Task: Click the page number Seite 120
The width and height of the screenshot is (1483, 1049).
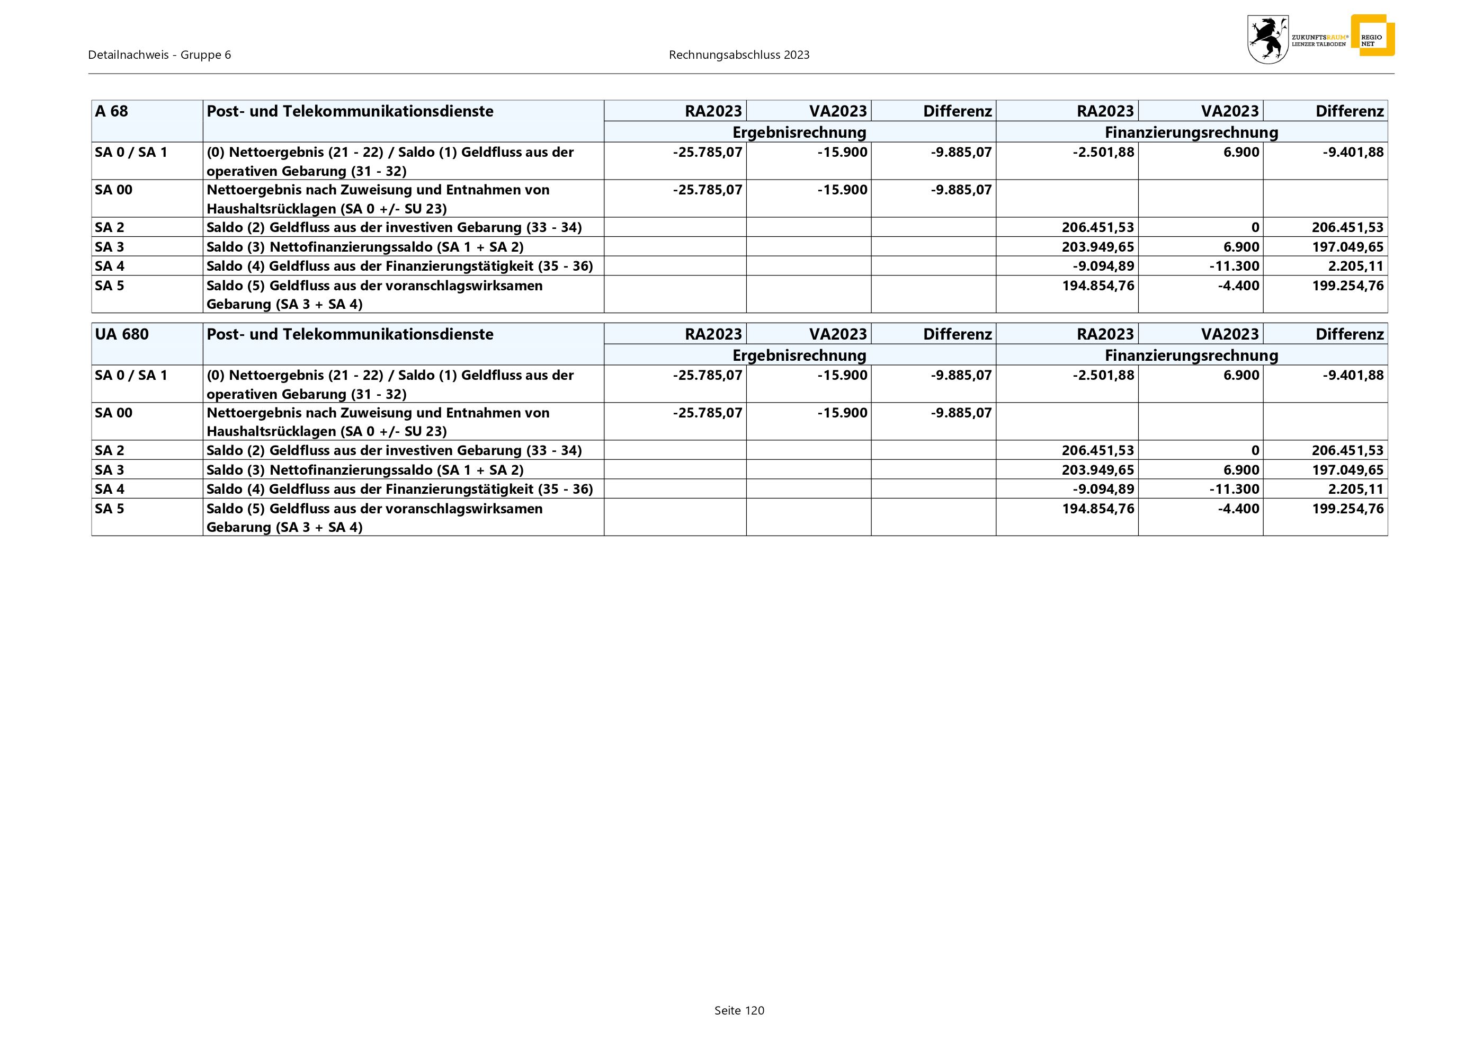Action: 739,1010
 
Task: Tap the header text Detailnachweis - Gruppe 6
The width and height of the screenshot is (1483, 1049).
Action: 159,55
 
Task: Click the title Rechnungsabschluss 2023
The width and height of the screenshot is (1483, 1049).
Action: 739,55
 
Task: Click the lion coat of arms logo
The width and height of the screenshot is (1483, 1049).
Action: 1267,39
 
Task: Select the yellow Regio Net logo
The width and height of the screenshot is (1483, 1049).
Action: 1372,36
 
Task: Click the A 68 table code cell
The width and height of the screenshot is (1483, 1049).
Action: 112,111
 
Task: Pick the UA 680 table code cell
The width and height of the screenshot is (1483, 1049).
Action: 122,334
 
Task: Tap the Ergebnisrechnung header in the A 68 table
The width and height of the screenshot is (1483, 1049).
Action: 799,132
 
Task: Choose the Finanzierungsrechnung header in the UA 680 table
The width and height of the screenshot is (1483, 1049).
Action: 1191,355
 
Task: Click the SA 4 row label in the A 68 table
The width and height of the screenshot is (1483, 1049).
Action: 110,266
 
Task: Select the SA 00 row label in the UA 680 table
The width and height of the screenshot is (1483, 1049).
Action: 114,413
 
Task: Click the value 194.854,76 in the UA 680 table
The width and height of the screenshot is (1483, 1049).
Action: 1098,509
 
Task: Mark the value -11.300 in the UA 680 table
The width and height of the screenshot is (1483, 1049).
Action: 1234,489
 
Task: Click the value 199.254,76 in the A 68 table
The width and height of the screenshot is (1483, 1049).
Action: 1347,286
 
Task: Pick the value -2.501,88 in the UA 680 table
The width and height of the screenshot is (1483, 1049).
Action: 1103,375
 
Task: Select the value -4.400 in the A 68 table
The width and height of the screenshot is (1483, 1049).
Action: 1238,286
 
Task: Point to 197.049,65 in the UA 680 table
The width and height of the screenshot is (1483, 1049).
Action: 1347,469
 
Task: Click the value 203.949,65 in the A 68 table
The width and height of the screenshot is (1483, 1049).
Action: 1098,247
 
